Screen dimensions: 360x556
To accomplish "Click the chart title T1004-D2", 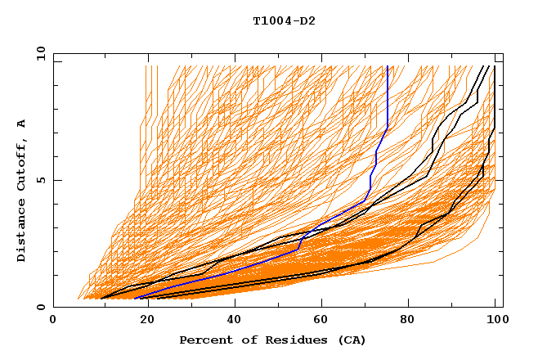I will pyautogui.click(x=284, y=21).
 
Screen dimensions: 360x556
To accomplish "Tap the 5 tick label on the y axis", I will pyautogui.click(x=40, y=180).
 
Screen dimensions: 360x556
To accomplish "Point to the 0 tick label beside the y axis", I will pyautogui.click(x=40, y=308).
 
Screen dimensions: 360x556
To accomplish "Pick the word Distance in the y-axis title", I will pyautogui.click(x=22, y=230).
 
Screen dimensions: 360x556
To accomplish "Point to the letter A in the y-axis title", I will pyautogui.click(x=22, y=123).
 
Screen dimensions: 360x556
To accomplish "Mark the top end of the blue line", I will pyautogui.click(x=388, y=66).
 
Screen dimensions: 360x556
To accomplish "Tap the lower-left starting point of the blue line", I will pyautogui.click(x=134, y=299).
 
